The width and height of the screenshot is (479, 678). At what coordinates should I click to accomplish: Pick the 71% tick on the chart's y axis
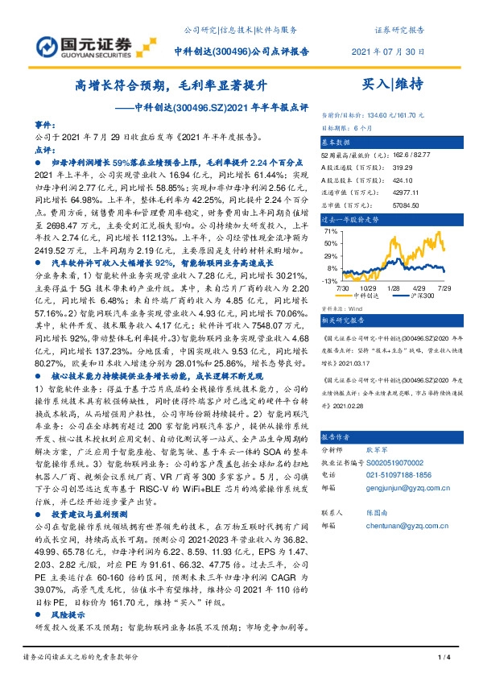(x=331, y=231)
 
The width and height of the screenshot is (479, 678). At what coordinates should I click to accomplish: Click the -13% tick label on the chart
(x=329, y=281)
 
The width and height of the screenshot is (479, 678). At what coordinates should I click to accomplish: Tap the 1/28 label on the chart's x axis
(x=393, y=287)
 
